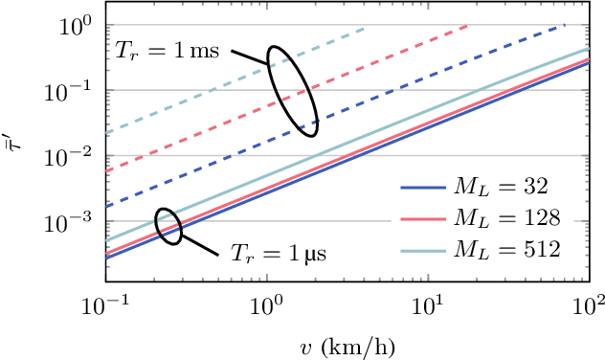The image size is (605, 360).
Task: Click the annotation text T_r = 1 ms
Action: [168, 51]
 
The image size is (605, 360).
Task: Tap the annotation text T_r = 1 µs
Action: [279, 255]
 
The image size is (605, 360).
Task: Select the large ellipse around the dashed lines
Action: [292, 90]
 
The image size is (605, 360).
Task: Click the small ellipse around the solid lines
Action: [168, 226]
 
